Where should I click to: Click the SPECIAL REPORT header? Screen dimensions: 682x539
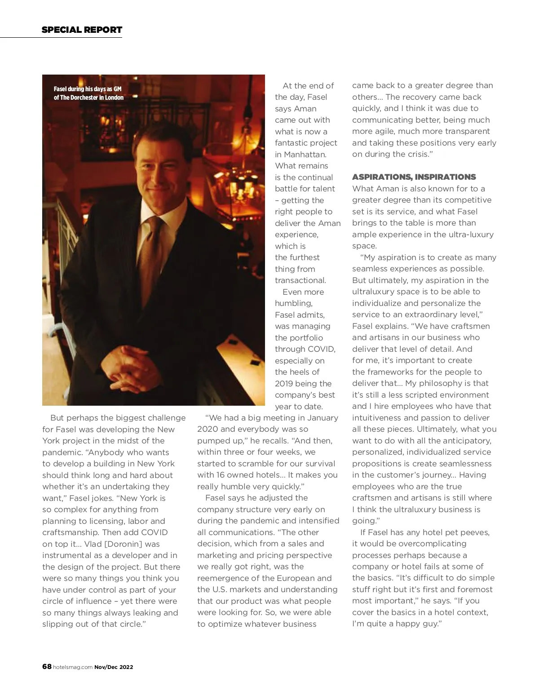[82, 30]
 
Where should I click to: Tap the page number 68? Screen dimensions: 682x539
[47, 667]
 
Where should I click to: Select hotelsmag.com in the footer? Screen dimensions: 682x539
[73, 667]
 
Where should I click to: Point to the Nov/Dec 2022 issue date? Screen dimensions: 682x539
[114, 667]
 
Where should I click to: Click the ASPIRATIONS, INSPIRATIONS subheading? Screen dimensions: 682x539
[414, 177]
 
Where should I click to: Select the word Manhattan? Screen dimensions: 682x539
[305, 155]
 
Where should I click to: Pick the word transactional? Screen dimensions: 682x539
[300, 280]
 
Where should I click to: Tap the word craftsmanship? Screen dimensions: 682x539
[70, 532]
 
